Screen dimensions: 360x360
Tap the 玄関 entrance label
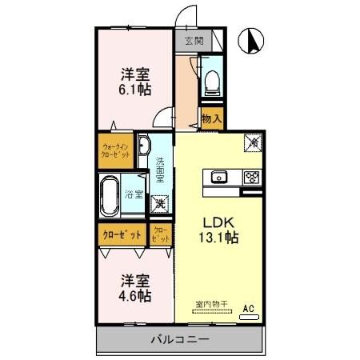[193, 40]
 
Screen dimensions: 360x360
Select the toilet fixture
[211, 80]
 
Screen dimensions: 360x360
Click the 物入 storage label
[211, 118]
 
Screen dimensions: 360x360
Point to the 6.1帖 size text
[134, 90]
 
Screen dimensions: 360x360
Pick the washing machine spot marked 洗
[160, 205]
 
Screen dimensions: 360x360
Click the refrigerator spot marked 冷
[252, 142]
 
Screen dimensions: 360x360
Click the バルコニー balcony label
[180, 340]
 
